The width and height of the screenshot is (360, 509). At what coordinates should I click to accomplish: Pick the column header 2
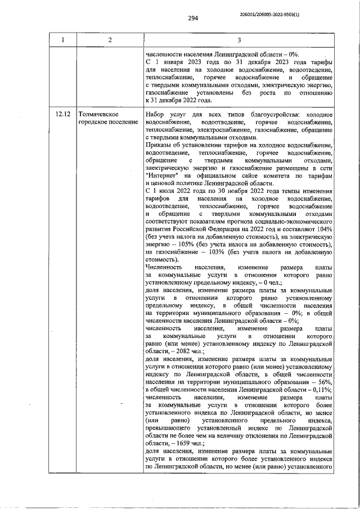click(x=110, y=39)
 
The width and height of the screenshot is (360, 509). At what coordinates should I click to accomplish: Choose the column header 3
click(x=238, y=39)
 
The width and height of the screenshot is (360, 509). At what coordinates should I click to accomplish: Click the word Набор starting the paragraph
click(x=156, y=114)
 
